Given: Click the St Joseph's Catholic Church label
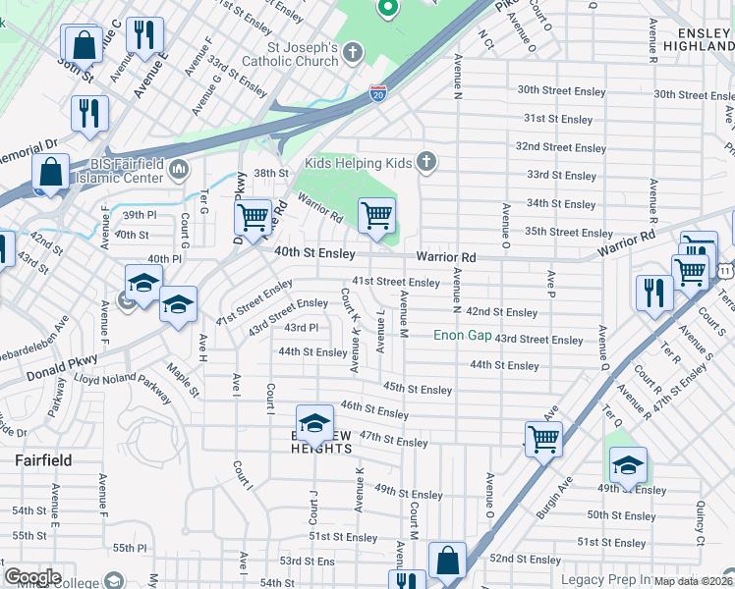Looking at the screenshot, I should [304, 54].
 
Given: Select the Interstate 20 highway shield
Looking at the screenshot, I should [378, 93].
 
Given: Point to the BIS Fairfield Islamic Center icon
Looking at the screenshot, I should [179, 170].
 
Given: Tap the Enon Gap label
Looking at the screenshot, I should [462, 336].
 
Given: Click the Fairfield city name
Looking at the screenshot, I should [43, 459].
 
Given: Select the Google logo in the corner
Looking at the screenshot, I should [32, 577].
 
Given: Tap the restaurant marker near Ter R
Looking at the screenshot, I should [653, 293].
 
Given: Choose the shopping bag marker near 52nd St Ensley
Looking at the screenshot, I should [447, 562].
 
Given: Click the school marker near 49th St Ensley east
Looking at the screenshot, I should [628, 464].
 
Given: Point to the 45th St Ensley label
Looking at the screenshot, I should [418, 390].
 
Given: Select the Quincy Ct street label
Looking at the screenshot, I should [700, 525].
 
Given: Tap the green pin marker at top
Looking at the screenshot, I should [388, 8].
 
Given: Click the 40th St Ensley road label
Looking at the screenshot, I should [314, 253].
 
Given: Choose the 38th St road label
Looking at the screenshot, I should [271, 172].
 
